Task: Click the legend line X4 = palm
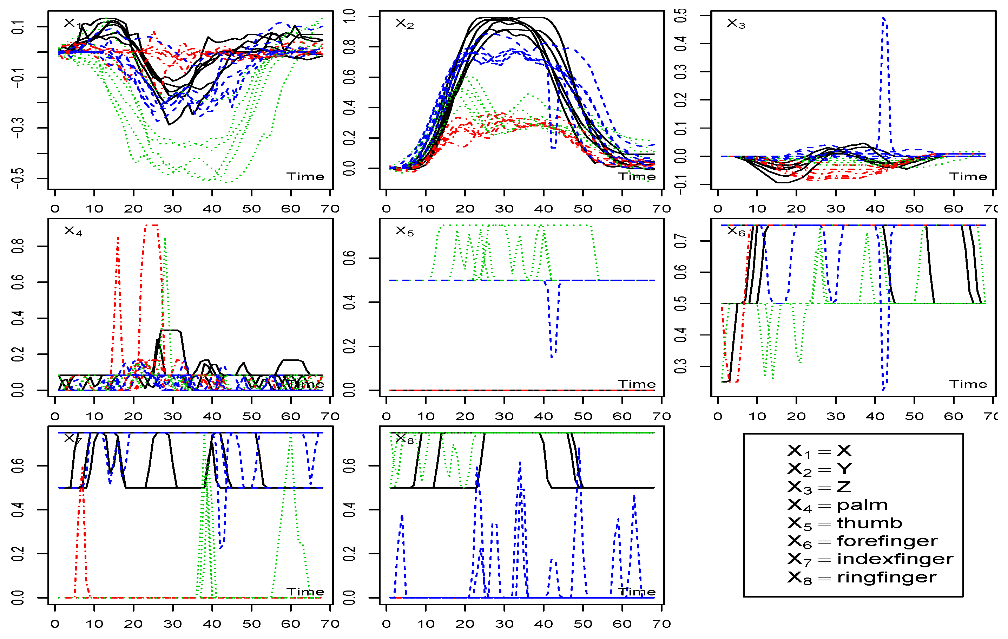coord(837,506)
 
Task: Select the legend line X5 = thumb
coord(844,523)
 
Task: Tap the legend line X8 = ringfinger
coord(862,578)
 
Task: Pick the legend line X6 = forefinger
coord(862,541)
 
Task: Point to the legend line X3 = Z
coord(819,487)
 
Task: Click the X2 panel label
coord(404,24)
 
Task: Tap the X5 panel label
coord(404,232)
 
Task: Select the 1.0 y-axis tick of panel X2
coord(350,16)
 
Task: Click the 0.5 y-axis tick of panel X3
coord(681,15)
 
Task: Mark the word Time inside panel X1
coord(305,177)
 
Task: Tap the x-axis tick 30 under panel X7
coord(172,624)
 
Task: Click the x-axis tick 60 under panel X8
coord(622,624)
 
